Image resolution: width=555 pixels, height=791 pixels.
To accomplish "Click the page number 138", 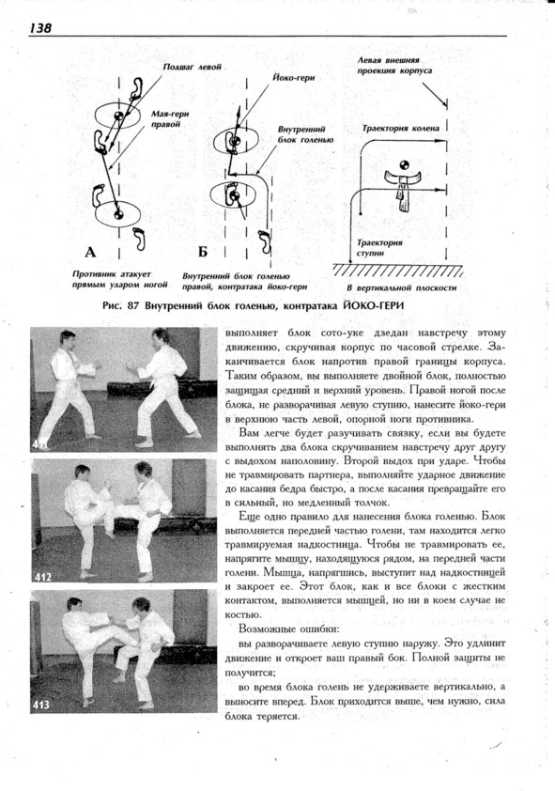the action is pos(40,27).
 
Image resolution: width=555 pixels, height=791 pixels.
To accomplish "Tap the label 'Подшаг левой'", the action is pos(193,67).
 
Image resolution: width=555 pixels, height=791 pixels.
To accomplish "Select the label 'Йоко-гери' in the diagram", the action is pos(293,78).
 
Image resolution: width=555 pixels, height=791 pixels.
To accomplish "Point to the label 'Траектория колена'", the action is pos(400,128).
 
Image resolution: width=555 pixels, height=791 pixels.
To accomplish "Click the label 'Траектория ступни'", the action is pos(379,248).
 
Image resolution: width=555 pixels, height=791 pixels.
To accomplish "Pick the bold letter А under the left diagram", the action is pos(90,252).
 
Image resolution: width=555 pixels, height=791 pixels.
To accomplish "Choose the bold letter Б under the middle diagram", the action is pos(203,252).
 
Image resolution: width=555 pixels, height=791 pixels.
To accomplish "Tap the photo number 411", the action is pos(39,444).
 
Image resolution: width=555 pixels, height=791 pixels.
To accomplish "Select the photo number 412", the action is pos(43,577).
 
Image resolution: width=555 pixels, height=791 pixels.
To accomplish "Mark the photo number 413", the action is pos(41,705).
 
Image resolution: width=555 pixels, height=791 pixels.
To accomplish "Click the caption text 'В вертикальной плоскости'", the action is pos(401,288).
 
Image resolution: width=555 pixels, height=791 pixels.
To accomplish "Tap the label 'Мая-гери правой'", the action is pos(170,119).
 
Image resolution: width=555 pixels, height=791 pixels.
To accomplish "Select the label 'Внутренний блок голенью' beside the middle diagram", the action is pos(305,134).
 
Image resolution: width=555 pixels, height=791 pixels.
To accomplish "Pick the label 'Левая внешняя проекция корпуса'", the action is pos(394,65).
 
